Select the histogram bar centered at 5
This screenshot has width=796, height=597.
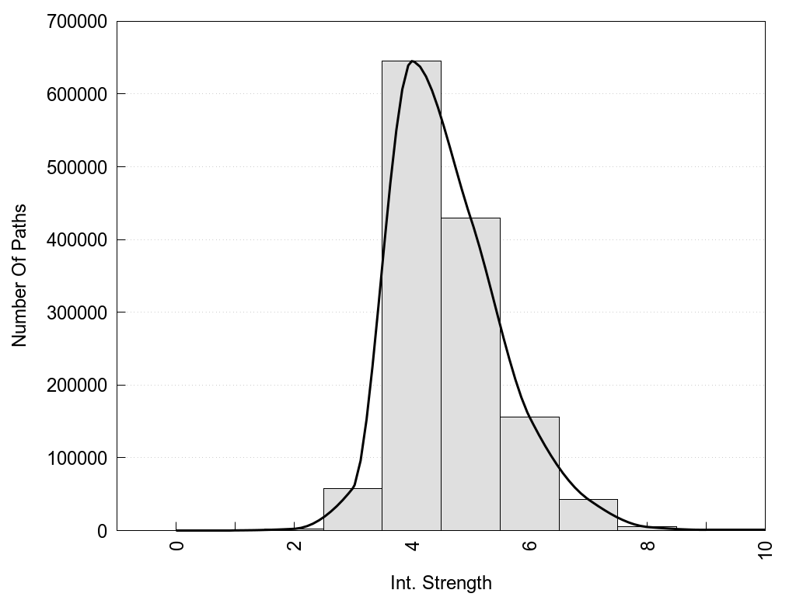pos(470,374)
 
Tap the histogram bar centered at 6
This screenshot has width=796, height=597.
pos(529,473)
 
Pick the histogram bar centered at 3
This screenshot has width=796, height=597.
pos(352,510)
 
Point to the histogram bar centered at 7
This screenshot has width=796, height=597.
pos(588,515)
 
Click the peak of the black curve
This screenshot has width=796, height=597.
pos(412,61)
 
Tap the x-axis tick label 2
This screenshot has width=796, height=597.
pos(295,546)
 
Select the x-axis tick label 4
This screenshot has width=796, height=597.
pos(412,546)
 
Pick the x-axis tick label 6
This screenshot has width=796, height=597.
pos(530,546)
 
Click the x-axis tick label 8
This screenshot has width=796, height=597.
pos(648,546)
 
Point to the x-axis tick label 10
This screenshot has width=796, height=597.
pos(765,549)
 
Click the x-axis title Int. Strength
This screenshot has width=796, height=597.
pos(441,582)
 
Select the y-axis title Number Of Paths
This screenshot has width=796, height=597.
pos(19,275)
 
